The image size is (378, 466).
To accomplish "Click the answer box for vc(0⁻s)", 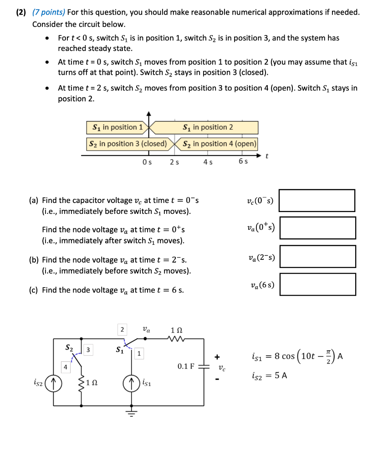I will tap(317, 201).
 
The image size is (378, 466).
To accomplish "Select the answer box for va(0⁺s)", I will tap(317, 228).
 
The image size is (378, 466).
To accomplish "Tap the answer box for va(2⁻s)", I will tap(317, 256).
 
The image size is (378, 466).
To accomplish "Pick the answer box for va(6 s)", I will tap(317, 284).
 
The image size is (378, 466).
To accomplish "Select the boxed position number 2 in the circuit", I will tap(122, 329).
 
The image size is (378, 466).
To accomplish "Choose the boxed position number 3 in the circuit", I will tap(89, 349).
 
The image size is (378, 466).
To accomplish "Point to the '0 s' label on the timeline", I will tap(147, 162).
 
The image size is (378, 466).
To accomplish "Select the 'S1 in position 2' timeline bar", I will tap(207, 127).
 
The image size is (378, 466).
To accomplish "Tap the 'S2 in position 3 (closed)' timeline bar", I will tap(128, 144).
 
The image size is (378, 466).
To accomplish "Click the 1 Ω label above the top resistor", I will tap(177, 329).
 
